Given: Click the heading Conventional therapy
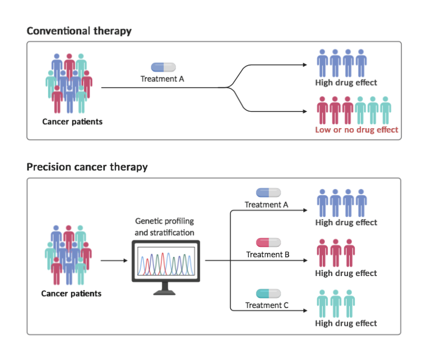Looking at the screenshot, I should pos(79,31).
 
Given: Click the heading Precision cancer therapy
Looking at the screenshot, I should pos(87,167).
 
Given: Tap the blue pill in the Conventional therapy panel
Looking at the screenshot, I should pos(163,67).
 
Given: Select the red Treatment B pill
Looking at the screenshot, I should pos(268,242).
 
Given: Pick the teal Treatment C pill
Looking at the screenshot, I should pos(268,293).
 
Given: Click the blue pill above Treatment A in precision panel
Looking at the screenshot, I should pos(268,192).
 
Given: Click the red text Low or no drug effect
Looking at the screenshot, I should pos(356,130).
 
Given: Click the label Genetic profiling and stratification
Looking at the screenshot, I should pos(164,227).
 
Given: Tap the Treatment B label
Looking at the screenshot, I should pos(268,255).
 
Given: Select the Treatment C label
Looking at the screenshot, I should pos(268,305).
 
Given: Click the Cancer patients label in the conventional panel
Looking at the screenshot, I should pos(72,121).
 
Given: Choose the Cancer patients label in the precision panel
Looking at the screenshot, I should pos(71,293).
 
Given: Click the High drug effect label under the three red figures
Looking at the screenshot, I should pos(346,273).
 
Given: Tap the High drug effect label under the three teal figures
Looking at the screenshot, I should pos(346,324).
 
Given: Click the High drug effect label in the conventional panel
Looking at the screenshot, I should pos(346,83).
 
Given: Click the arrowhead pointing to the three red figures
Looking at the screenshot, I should pos(305,261).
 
